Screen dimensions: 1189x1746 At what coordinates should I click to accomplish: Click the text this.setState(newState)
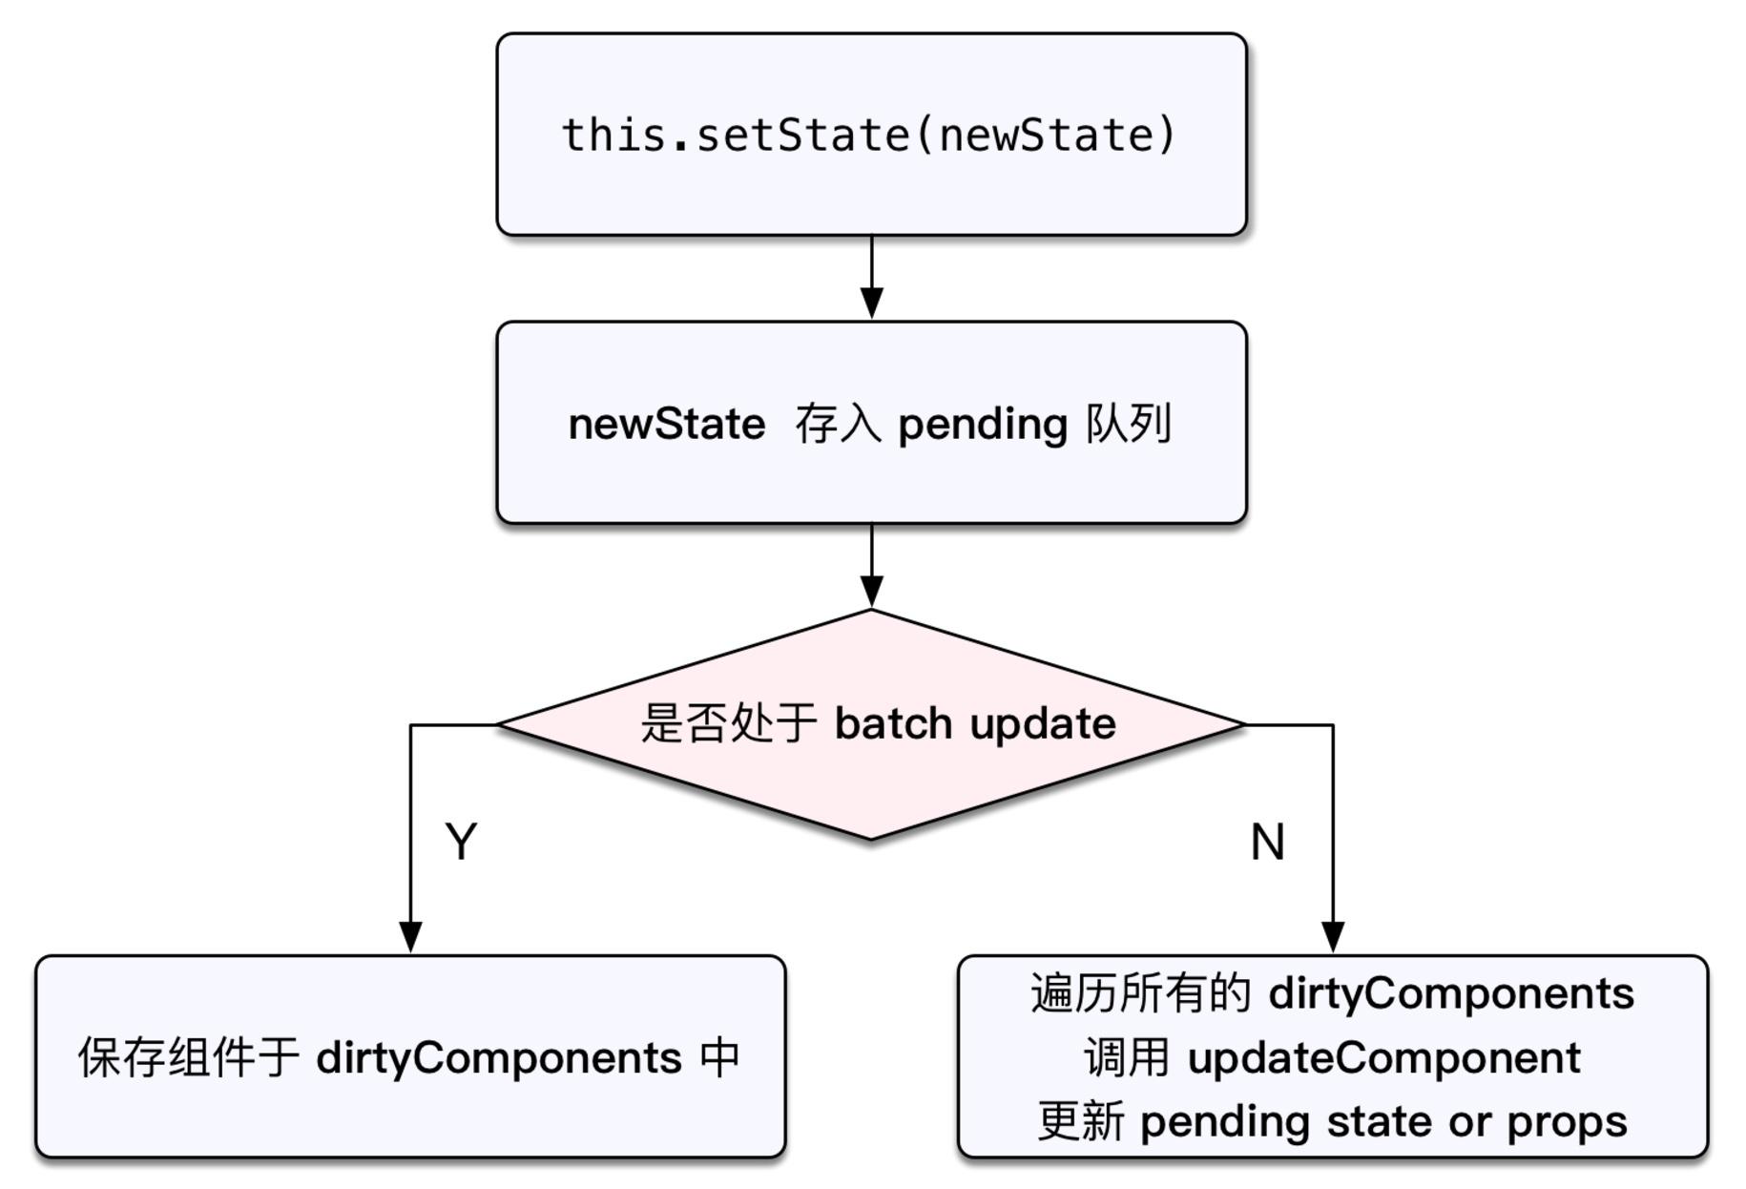coord(869,135)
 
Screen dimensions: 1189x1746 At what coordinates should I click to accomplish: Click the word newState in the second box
coord(666,425)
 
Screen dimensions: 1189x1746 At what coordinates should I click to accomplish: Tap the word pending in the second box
coord(982,425)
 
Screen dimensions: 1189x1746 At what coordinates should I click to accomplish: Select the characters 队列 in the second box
coord(1129,423)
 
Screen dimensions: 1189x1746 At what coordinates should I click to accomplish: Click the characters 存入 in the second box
coord(838,425)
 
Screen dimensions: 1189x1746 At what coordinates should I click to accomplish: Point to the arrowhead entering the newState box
coord(871,302)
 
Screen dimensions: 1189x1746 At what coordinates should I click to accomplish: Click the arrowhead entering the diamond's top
coord(871,591)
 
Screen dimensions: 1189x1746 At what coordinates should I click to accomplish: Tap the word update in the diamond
coord(1043,724)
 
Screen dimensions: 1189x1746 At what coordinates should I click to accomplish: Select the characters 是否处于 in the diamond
coord(728,723)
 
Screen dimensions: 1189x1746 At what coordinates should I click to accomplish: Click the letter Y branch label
coord(461,842)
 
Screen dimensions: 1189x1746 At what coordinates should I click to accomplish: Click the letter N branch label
coord(1267,843)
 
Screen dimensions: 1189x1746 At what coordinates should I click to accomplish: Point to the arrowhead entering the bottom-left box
coord(410,936)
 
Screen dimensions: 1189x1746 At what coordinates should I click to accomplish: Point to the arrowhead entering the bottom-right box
coord(1333,936)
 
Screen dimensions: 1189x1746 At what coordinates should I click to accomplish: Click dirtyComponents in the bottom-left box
coord(499,1058)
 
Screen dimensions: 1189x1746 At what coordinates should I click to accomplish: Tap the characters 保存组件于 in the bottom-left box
coord(189,1058)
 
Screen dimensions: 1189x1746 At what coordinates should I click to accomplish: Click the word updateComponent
coord(1383,1058)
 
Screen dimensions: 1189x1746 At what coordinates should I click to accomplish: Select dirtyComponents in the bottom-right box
coord(1451,994)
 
